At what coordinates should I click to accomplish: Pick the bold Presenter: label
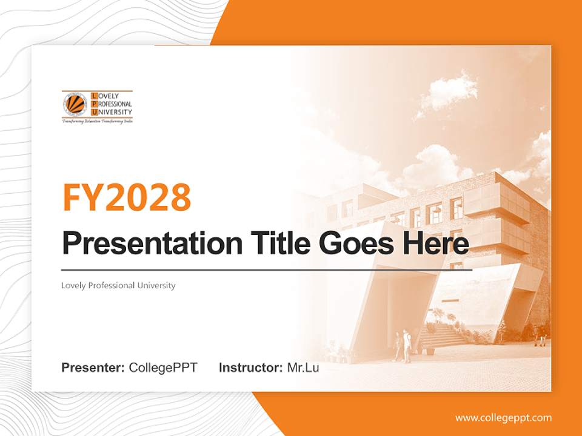(x=93, y=368)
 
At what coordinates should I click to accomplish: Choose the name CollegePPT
(x=163, y=368)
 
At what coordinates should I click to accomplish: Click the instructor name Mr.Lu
(x=303, y=368)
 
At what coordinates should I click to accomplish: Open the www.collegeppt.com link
(x=503, y=417)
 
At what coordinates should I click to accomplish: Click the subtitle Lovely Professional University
(x=118, y=285)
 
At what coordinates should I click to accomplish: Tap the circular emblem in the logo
(x=75, y=104)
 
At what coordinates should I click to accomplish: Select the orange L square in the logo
(x=93, y=96)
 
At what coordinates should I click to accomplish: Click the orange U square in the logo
(x=93, y=112)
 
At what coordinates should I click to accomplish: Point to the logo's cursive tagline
(x=97, y=122)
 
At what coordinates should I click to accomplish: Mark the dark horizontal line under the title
(x=267, y=269)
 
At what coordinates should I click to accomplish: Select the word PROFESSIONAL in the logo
(x=115, y=104)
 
